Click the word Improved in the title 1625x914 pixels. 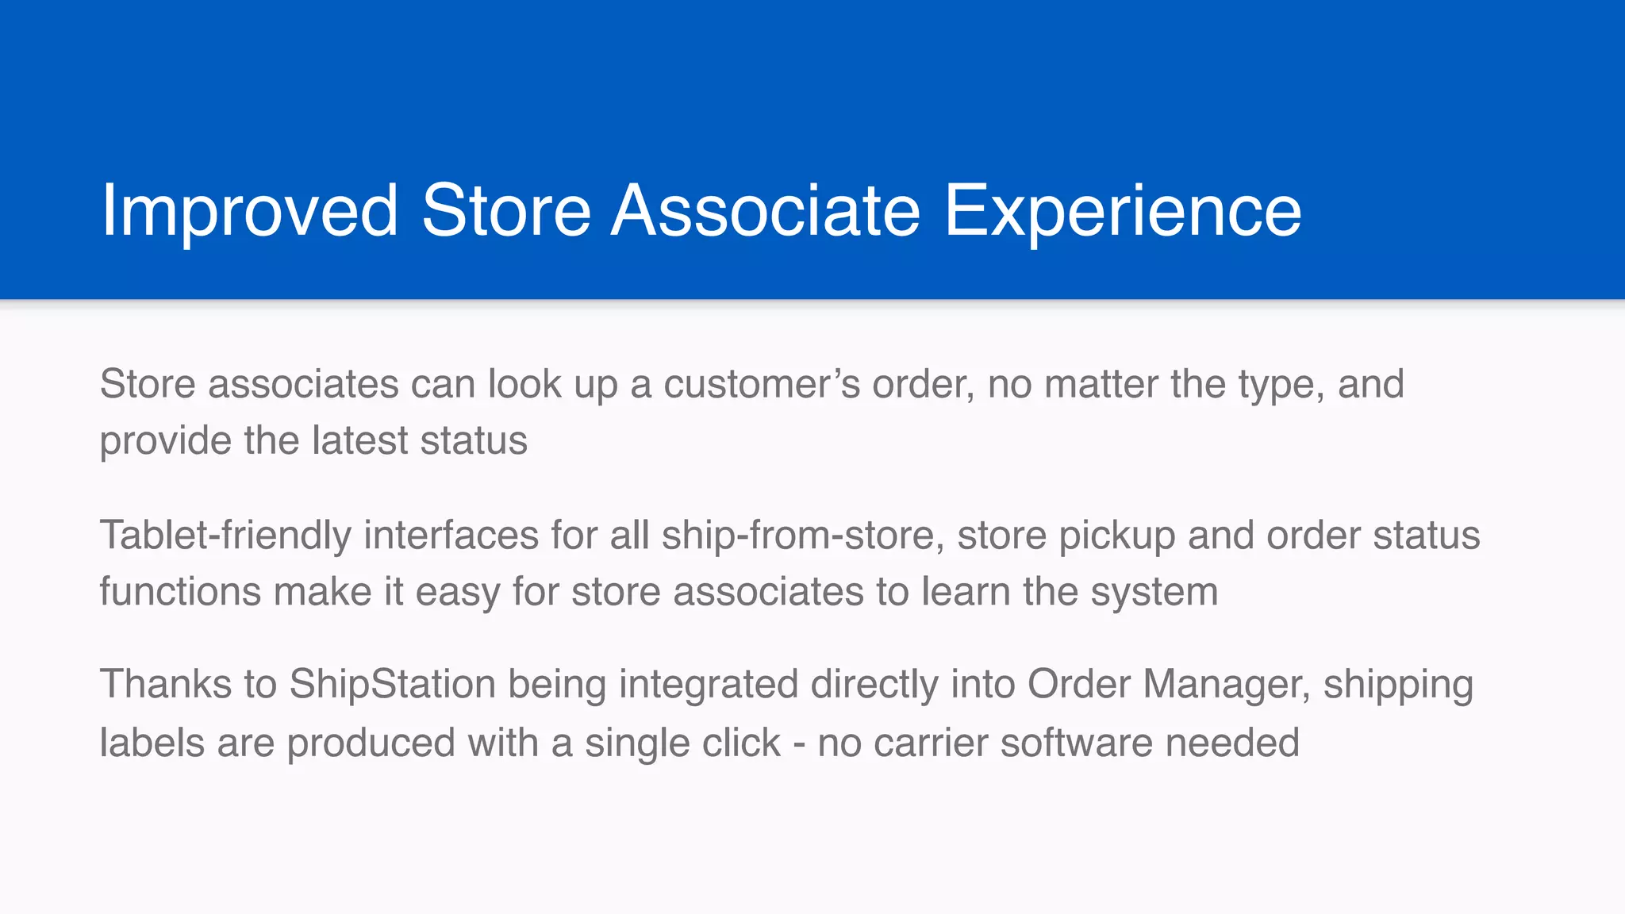point(250,211)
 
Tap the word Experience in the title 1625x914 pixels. point(1122,211)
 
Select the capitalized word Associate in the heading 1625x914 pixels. point(766,211)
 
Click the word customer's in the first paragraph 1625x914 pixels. point(762,384)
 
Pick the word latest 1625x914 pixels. point(359,440)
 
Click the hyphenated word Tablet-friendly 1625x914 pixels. point(225,536)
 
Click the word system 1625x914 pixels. point(1154,592)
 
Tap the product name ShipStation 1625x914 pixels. point(392,684)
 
